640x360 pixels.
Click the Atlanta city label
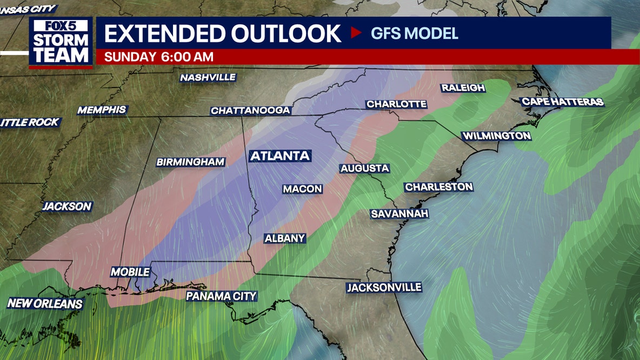click(279, 156)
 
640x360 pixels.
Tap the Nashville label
click(208, 78)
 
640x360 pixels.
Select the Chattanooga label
click(251, 111)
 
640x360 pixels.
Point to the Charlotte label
click(396, 104)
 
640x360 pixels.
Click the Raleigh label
click(463, 88)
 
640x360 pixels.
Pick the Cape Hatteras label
click(562, 102)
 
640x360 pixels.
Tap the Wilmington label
click(496, 136)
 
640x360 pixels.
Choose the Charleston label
click(439, 187)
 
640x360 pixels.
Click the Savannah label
click(399, 214)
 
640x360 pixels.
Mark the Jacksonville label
click(384, 288)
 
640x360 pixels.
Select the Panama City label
click(221, 296)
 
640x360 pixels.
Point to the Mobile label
click(130, 272)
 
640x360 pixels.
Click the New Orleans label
click(45, 304)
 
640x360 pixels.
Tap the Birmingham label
click(190, 162)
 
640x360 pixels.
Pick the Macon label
click(302, 189)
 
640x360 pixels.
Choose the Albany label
click(285, 238)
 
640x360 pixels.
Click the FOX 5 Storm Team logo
click(61, 42)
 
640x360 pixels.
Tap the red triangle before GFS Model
click(356, 33)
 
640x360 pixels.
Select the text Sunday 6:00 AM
click(158, 57)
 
